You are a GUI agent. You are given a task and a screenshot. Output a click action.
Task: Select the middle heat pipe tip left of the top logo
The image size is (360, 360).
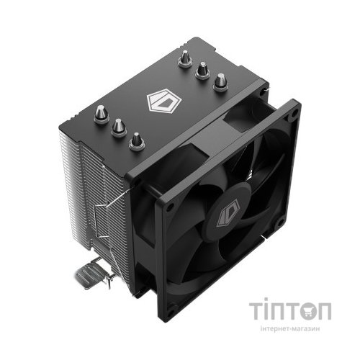pos(117,126)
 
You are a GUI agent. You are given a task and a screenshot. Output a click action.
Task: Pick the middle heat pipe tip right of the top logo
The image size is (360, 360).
pos(202,71)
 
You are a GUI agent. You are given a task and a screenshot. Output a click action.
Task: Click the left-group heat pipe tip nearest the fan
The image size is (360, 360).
pos(136,141)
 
